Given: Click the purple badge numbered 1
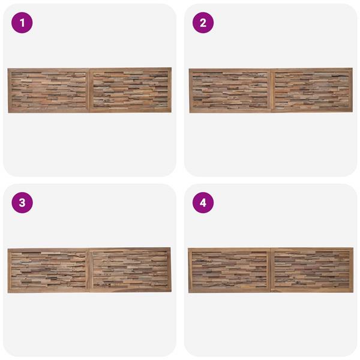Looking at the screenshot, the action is click(x=22, y=23).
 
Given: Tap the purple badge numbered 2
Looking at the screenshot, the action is click(x=203, y=23).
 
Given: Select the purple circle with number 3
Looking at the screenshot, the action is click(x=22, y=203).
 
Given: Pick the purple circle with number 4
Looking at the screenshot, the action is click(x=203, y=203).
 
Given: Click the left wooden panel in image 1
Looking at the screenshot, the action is click(x=49, y=91).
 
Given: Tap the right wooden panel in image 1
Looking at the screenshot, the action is click(x=131, y=90).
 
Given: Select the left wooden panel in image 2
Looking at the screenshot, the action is click(x=230, y=90).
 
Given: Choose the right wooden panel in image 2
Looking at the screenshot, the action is click(x=312, y=90).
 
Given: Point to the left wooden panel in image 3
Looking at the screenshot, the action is click(x=49, y=270).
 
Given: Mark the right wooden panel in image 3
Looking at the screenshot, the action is click(x=130, y=270).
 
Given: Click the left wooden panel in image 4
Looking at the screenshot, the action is click(x=229, y=270).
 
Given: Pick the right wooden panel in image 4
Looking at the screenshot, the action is click(x=312, y=270).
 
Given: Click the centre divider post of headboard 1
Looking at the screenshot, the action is click(x=89, y=90).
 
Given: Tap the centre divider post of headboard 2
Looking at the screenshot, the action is click(x=271, y=90).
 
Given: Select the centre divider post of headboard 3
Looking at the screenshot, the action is click(x=89, y=270).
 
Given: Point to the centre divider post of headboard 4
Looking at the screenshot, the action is click(x=271, y=270).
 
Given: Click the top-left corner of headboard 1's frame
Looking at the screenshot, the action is click(x=8, y=68).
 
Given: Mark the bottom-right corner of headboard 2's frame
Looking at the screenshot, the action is click(x=353, y=112).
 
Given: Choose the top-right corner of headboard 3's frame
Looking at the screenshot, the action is click(x=170, y=247).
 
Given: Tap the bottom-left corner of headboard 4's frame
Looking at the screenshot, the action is click(x=188, y=293).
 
